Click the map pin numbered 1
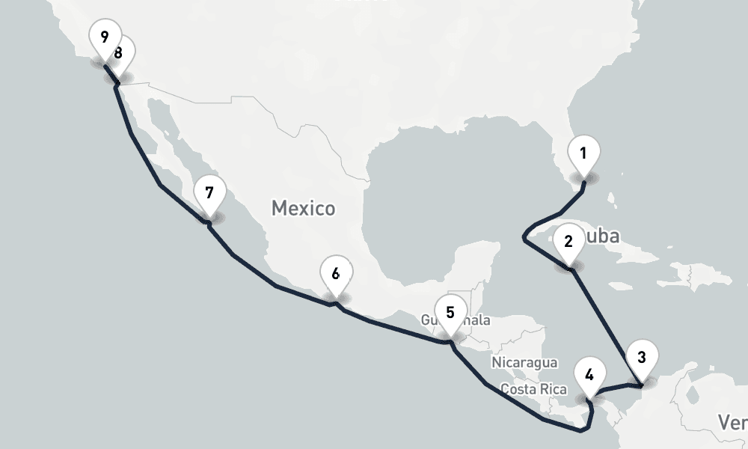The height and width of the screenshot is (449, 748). point(583,155)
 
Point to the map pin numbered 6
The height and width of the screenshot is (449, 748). point(336,275)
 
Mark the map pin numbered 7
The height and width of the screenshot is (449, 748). point(209,194)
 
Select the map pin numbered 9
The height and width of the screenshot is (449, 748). point(103,37)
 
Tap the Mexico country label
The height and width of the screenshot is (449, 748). point(303,208)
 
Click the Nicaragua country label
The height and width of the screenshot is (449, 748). point(524,363)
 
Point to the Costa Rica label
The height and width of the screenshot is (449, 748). point(533,389)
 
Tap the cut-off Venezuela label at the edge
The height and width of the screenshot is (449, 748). point(733,422)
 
